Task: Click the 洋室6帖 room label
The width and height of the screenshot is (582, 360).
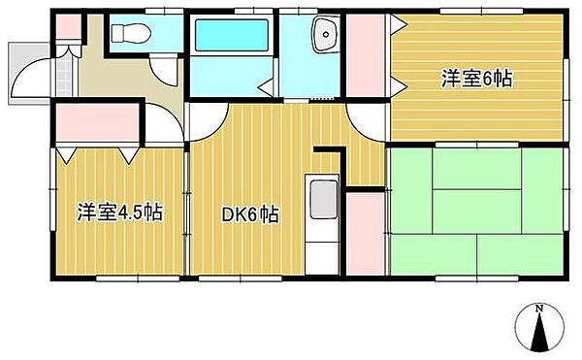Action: click(477, 79)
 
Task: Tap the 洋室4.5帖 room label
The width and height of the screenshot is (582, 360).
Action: click(120, 213)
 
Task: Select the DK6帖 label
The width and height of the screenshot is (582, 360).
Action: click(250, 214)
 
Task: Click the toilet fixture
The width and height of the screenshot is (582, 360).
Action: click(131, 33)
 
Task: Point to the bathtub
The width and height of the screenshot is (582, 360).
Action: click(232, 35)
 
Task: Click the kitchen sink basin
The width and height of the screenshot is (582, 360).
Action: click(324, 199)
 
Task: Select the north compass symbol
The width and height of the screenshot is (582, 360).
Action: click(539, 328)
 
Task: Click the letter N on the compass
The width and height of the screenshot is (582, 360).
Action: click(539, 308)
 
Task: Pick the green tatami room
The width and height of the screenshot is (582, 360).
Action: click(477, 212)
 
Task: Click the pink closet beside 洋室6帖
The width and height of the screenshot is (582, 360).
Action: click(366, 55)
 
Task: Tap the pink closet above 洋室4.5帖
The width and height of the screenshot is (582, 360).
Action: click(98, 122)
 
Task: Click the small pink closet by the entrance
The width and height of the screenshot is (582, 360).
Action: click(68, 26)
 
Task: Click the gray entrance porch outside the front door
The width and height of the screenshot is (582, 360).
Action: click(28, 74)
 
